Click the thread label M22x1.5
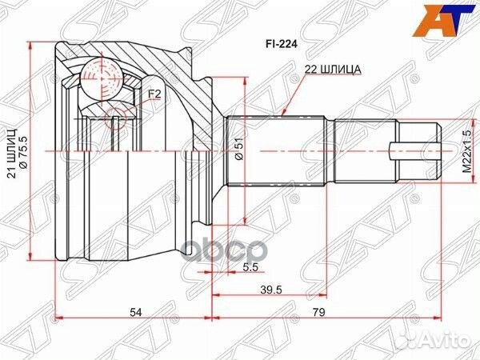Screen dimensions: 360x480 (463, 150)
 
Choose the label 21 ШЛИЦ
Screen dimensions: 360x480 (13, 159)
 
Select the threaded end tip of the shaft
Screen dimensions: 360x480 (419, 150)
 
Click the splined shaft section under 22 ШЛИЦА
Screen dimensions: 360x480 (276, 150)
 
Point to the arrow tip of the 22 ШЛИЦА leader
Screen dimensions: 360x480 (286, 118)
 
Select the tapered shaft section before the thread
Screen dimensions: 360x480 (364, 150)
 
